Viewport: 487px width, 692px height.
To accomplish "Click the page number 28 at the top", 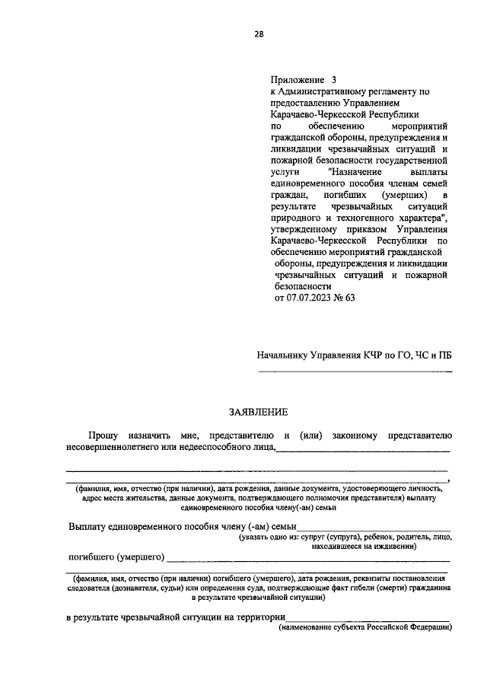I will (x=259, y=33).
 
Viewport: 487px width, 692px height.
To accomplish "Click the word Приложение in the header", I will (x=297, y=79).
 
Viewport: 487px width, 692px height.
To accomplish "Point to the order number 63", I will (x=350, y=298).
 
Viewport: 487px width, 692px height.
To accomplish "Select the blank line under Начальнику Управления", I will (x=355, y=371).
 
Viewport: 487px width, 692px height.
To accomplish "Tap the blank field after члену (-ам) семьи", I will (x=373, y=528).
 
